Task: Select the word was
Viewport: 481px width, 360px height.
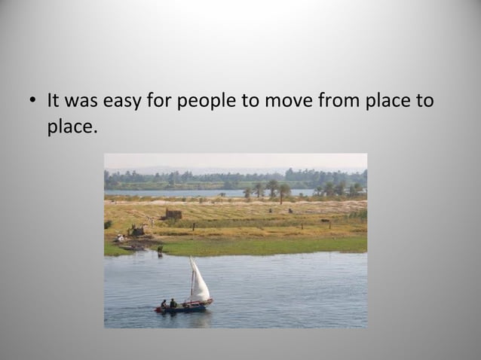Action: (x=83, y=100)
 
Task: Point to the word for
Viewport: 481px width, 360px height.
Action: (x=160, y=100)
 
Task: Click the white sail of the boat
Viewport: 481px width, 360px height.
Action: (x=199, y=281)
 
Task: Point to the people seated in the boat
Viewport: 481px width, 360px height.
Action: (x=169, y=304)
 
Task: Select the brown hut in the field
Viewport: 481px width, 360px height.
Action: (x=173, y=215)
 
